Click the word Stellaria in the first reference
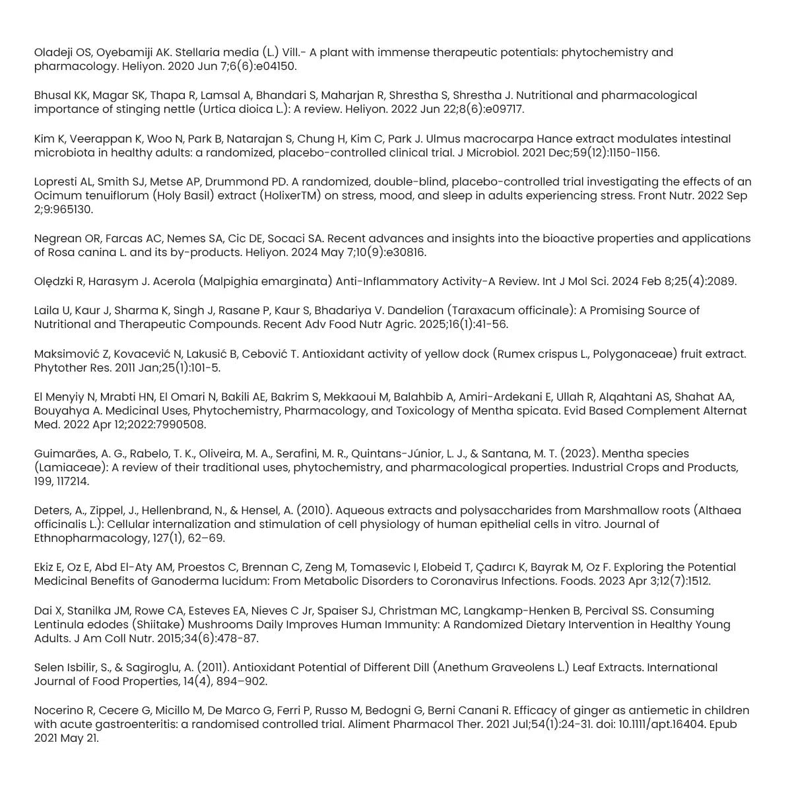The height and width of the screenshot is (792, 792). (199, 52)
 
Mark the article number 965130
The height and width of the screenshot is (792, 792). (71, 210)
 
